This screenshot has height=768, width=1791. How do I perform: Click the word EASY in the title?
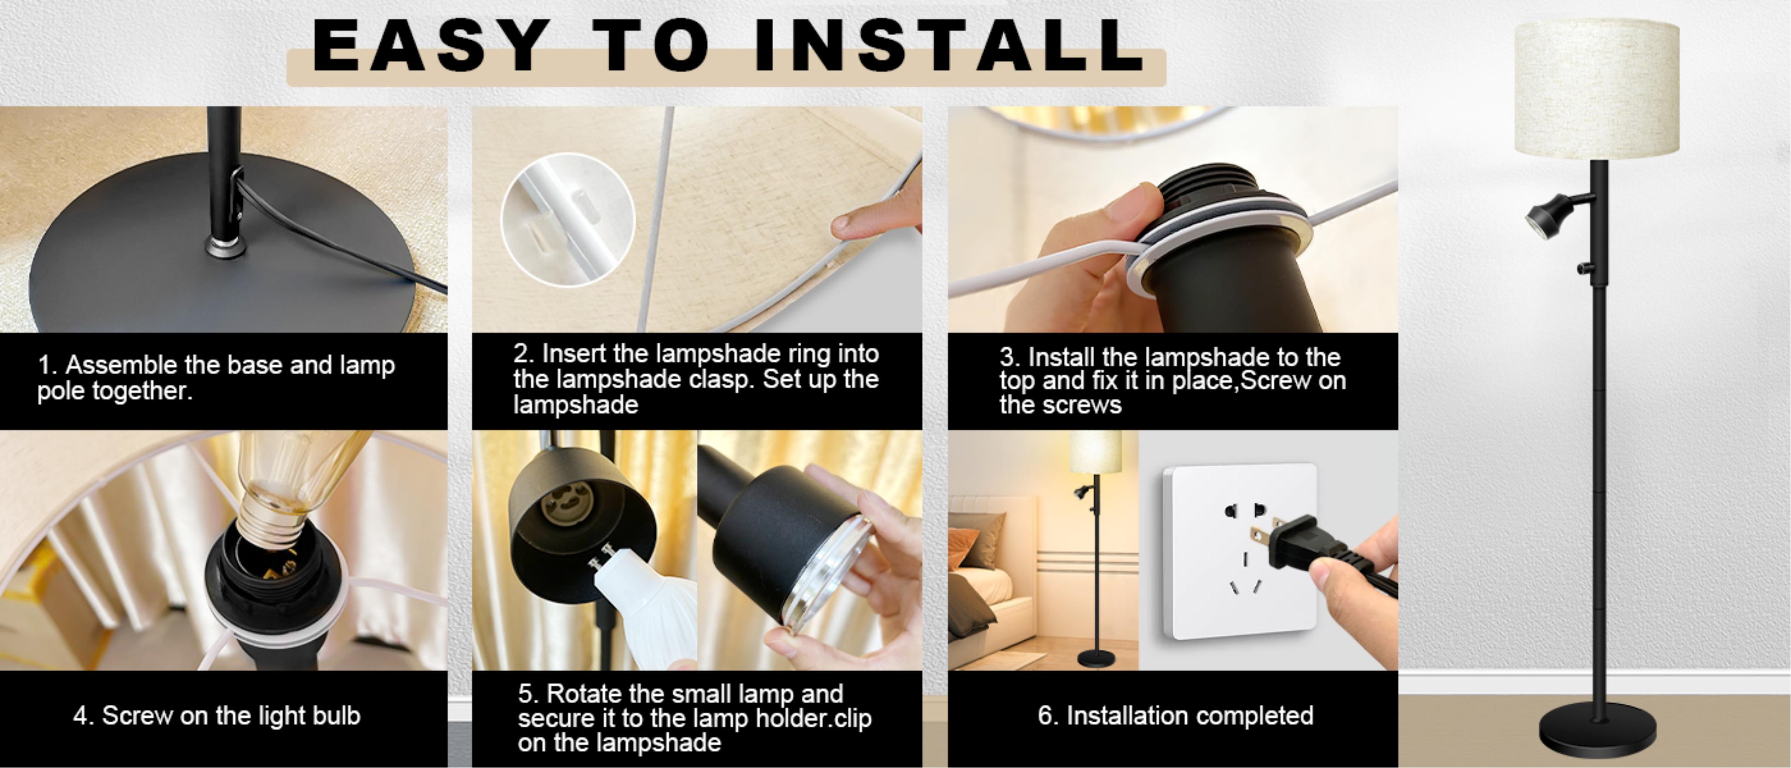tap(431, 46)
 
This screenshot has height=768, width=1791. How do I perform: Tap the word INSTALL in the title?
tap(950, 46)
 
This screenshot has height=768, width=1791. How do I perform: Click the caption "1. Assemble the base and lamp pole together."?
tap(216, 378)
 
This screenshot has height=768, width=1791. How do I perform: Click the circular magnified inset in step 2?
tap(568, 219)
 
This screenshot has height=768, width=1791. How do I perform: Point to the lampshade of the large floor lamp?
tap(1597, 89)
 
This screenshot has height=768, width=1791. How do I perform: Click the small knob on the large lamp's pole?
tap(1585, 267)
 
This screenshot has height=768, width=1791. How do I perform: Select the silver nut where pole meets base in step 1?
tap(225, 246)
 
